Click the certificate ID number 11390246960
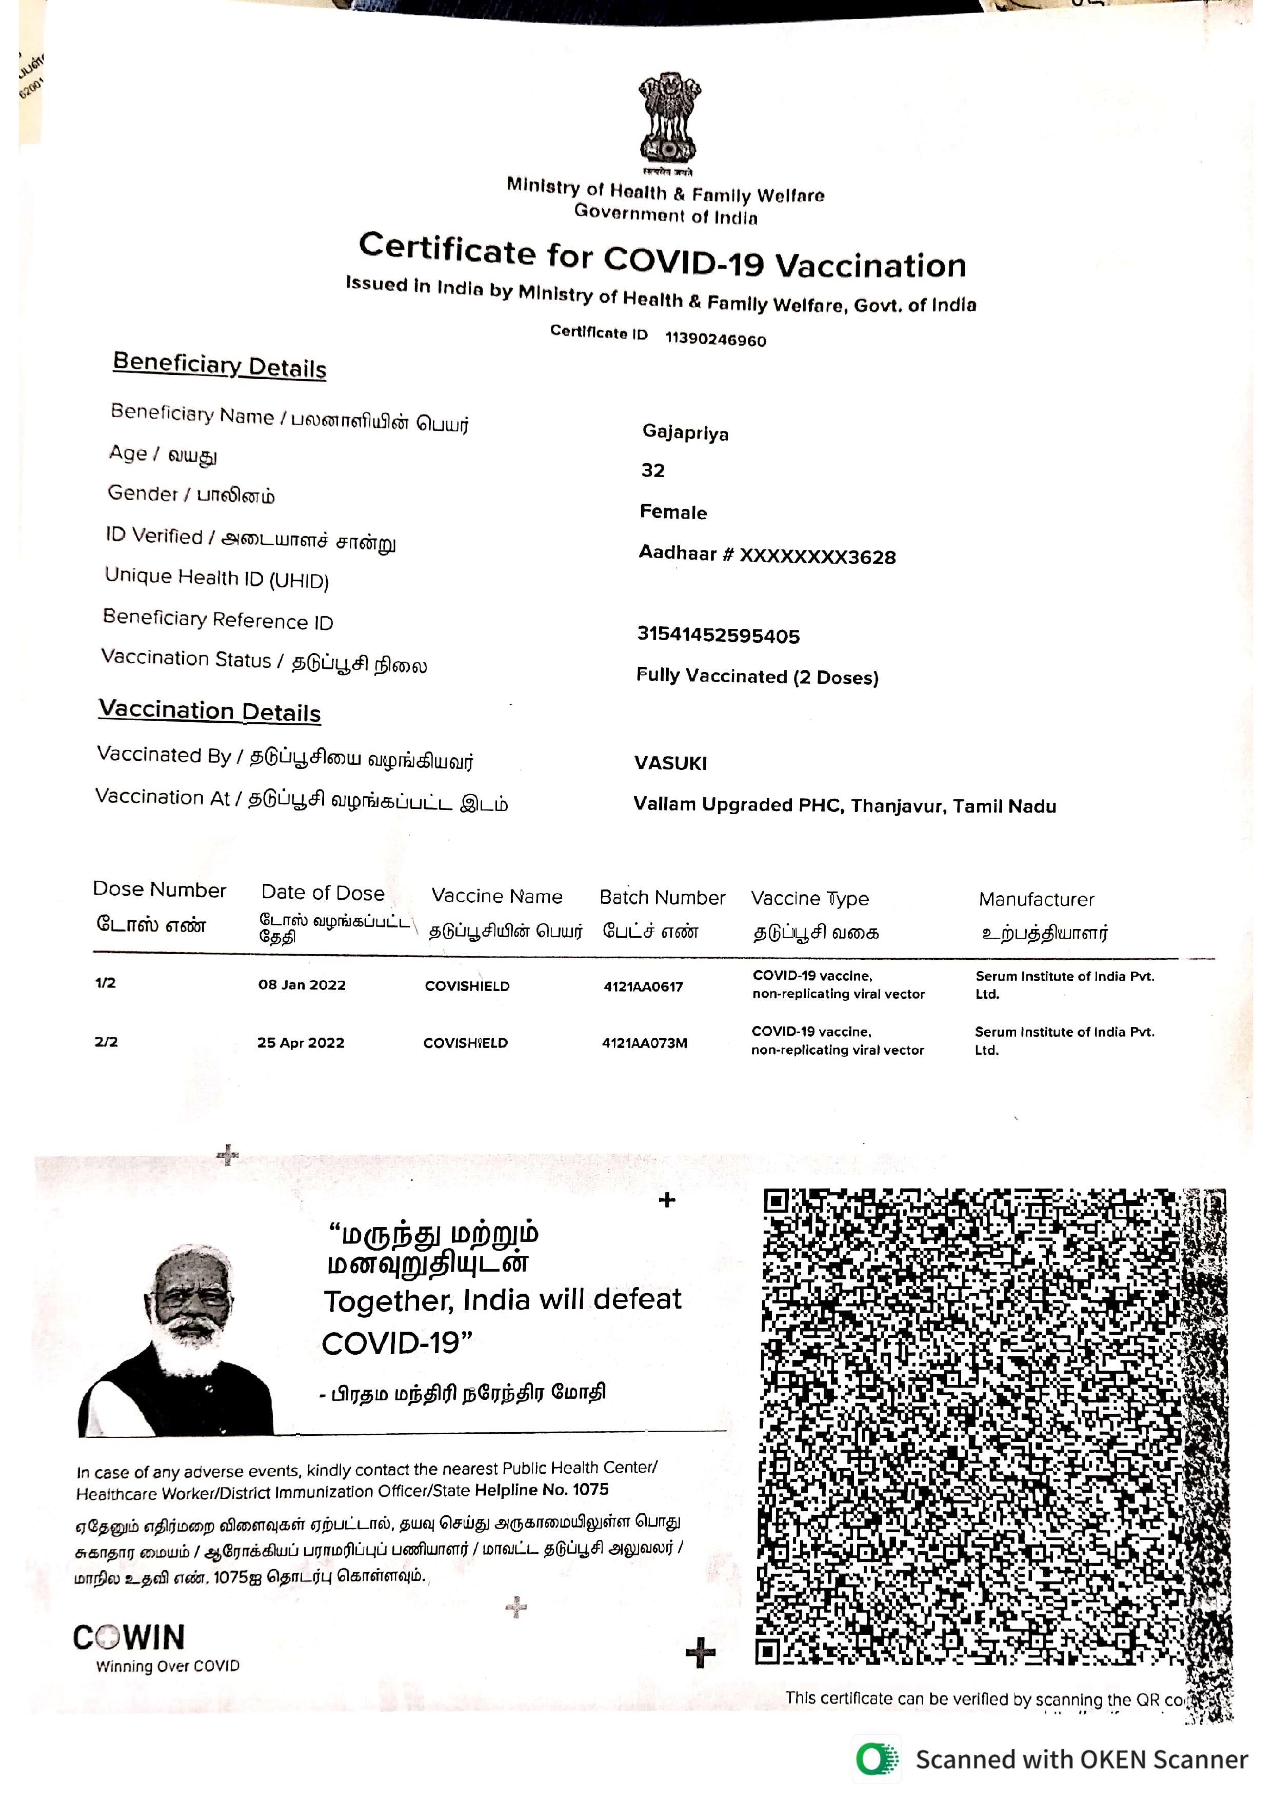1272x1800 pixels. [x=715, y=340]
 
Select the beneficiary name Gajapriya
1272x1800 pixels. [x=685, y=433]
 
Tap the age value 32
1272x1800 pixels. [x=653, y=470]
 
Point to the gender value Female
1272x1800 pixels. [x=673, y=512]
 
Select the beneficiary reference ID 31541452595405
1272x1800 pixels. [x=718, y=635]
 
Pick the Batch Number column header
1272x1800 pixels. [x=662, y=898]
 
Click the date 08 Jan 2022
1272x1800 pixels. [x=302, y=985]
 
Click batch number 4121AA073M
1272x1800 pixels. [x=644, y=1043]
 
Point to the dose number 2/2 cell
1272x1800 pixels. [x=106, y=1042]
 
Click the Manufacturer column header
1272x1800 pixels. [x=1036, y=899]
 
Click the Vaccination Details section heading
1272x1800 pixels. [x=210, y=711]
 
